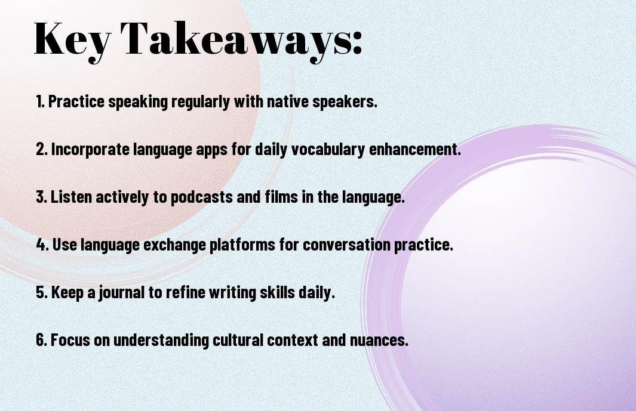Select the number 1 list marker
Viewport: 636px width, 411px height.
click(x=40, y=101)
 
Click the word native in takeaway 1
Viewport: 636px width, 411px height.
click(x=288, y=101)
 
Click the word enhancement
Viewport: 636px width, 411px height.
click(x=415, y=149)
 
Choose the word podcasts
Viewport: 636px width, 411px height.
click(x=202, y=197)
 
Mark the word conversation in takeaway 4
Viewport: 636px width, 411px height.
click(x=347, y=245)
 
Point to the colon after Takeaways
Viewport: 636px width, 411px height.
click(x=357, y=42)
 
